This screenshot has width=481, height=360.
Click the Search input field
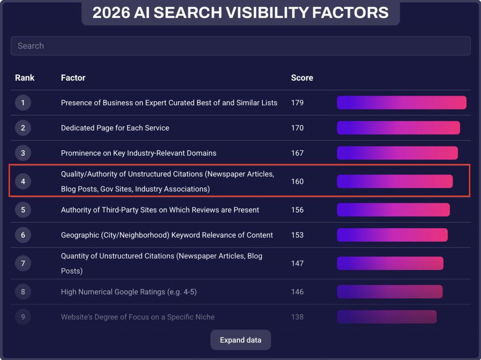click(240, 46)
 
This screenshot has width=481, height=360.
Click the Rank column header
click(24, 78)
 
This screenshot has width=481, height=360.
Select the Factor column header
click(73, 78)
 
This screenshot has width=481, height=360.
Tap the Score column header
click(302, 78)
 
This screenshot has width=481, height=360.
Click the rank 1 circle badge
click(23, 103)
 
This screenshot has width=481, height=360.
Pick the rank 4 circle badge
click(23, 182)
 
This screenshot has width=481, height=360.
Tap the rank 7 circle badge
click(23, 263)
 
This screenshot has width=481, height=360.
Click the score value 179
click(297, 103)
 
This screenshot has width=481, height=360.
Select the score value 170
click(297, 128)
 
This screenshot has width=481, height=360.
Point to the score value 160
click(297, 182)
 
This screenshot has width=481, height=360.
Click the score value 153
click(297, 235)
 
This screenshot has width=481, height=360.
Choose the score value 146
click(297, 292)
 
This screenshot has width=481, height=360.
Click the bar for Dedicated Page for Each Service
click(398, 128)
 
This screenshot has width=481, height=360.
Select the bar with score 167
click(397, 153)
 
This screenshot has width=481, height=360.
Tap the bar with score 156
click(393, 210)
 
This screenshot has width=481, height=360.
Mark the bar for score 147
click(390, 263)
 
